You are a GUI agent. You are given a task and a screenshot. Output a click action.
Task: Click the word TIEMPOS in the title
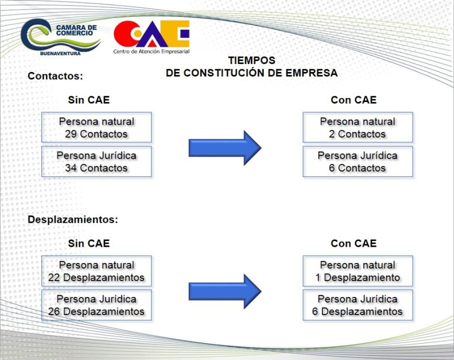251,61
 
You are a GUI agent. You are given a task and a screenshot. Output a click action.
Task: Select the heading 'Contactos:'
55,76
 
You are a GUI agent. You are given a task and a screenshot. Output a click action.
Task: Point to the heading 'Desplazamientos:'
73,219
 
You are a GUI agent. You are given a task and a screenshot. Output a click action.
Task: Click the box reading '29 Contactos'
96,127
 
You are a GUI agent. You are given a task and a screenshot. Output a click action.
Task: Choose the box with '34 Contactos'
96,162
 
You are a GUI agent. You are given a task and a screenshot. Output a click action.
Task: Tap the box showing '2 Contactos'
358,127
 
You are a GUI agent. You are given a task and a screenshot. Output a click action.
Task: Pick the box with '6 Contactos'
358,162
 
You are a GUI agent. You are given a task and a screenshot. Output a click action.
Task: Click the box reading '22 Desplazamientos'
96,271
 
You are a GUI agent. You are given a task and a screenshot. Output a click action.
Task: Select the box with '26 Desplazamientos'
96,305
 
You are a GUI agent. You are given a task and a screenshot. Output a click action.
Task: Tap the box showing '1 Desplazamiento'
358,271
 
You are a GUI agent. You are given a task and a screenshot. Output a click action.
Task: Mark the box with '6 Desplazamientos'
358,305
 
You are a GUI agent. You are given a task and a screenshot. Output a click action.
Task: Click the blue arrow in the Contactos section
225,148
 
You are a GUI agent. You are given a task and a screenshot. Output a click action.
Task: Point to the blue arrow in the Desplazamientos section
225,291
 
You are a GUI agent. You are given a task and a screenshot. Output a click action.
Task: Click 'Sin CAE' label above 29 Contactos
89,100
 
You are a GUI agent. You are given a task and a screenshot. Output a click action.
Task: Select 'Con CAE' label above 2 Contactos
354,100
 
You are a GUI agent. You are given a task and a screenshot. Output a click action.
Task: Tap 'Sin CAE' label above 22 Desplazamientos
89,243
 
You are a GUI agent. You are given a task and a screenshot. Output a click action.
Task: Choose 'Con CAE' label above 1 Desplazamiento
354,243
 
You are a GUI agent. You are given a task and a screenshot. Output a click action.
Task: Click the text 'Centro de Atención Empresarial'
152,52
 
